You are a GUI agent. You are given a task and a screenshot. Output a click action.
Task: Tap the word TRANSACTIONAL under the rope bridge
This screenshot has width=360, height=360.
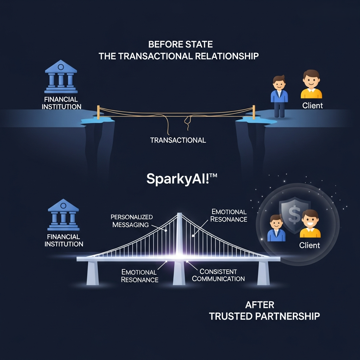tap(178, 140)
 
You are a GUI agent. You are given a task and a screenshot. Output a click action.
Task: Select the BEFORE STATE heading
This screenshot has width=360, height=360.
tap(180, 45)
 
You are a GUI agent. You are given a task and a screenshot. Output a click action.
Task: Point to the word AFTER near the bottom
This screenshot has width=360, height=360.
tap(260, 304)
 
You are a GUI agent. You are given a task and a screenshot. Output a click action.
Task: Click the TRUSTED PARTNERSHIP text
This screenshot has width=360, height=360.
tap(264, 316)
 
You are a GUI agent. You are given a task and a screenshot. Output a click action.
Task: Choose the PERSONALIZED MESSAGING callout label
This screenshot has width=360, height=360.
tap(131, 221)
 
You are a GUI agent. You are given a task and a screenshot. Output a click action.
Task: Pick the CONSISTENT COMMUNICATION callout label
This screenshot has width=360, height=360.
tap(218, 275)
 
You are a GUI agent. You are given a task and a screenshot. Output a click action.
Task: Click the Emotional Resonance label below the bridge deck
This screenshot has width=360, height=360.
tap(140, 276)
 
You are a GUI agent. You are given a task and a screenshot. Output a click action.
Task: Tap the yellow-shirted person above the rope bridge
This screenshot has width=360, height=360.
tap(311, 84)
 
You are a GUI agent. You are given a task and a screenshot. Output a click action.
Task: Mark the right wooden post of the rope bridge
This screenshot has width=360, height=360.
tap(253, 111)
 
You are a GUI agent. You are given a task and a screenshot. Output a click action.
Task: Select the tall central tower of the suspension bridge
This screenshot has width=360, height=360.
tap(179, 236)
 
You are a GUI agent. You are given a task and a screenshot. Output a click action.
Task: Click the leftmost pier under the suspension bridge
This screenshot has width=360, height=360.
tap(92, 273)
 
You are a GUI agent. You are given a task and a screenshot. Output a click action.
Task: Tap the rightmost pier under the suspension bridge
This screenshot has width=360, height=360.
tap(263, 273)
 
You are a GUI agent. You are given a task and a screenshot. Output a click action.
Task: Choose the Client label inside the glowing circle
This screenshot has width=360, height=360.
tap(309, 245)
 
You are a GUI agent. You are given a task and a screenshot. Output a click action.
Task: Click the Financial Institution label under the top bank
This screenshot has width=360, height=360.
tap(62, 103)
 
